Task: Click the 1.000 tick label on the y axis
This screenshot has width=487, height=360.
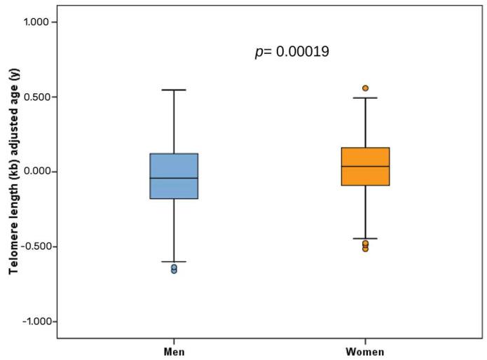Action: [x=40, y=22]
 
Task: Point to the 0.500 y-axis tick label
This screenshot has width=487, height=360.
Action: [x=40, y=97]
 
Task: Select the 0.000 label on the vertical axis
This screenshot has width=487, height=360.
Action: [x=40, y=172]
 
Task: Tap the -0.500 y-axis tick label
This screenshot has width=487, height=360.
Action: [x=39, y=247]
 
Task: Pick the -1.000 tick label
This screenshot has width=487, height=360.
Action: [x=39, y=321]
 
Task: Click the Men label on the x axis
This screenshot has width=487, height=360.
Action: [x=174, y=351]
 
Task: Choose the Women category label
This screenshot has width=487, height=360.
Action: [x=365, y=351]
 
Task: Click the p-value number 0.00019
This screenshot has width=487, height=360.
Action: [x=302, y=53]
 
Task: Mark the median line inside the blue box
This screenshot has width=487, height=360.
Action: [x=174, y=178]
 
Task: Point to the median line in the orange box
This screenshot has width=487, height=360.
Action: [x=365, y=166]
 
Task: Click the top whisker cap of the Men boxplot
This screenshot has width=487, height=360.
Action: [x=174, y=90]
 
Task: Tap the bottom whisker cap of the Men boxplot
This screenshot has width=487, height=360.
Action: [x=174, y=261]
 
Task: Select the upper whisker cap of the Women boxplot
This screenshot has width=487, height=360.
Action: [x=365, y=98]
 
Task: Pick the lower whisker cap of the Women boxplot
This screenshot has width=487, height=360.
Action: [x=365, y=239]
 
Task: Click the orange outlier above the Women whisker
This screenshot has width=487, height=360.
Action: [x=365, y=88]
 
